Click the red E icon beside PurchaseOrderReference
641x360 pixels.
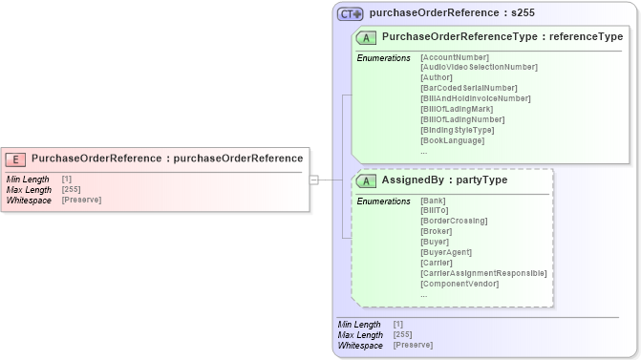(x=16, y=159)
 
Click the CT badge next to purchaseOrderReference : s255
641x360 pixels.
(x=351, y=14)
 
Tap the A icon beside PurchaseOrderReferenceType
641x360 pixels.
(x=366, y=38)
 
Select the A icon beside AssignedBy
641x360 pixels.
(x=366, y=180)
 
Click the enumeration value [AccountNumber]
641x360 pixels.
(x=455, y=58)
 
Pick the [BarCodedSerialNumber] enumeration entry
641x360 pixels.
(x=469, y=88)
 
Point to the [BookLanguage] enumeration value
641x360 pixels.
(x=452, y=140)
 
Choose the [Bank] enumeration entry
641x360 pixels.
(x=432, y=201)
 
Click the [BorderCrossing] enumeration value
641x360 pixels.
(x=454, y=221)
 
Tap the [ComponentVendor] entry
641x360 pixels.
(x=459, y=284)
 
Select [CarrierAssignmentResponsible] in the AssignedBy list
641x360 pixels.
(x=483, y=273)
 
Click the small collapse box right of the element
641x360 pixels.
(x=313, y=179)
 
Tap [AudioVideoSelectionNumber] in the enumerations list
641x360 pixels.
(x=479, y=67)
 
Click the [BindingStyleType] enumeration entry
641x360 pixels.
(x=458, y=130)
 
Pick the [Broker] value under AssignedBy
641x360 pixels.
(x=436, y=231)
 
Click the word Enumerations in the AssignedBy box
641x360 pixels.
(x=383, y=201)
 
